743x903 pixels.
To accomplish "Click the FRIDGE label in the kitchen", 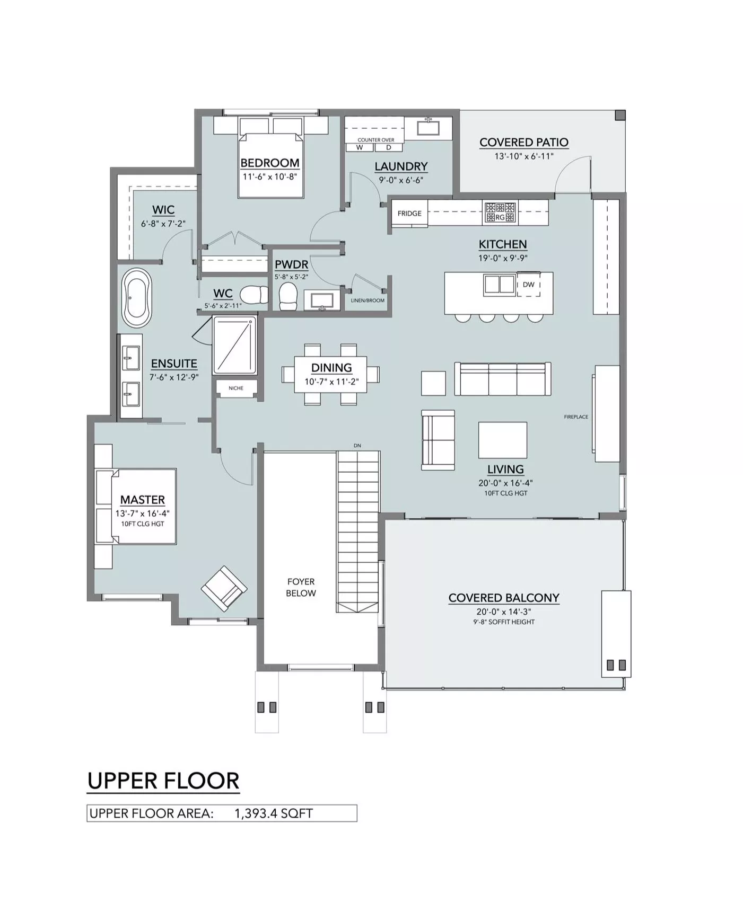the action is point(409,214).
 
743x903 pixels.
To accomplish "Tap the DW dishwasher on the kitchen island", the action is point(529,285).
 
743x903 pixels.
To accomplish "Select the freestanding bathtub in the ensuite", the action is point(137,298).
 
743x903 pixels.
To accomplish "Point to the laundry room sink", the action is point(427,128).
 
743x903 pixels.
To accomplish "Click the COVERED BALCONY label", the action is point(504,598).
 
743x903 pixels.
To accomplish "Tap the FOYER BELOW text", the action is point(301,588).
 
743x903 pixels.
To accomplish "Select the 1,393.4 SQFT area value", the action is point(274,813).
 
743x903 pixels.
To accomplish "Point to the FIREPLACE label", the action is point(576,417).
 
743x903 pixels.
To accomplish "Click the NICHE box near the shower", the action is point(237,388).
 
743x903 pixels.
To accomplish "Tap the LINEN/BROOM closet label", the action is point(368,300).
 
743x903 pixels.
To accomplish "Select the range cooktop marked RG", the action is point(500,213).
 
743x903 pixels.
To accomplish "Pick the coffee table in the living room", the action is point(502,440).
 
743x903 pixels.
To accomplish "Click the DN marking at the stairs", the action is point(357,446).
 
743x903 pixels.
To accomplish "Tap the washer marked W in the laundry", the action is point(360,147).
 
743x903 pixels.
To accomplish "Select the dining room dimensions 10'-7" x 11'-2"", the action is point(330,382).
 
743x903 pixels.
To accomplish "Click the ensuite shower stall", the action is point(234,345).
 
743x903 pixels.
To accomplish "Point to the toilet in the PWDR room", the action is point(288,296).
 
